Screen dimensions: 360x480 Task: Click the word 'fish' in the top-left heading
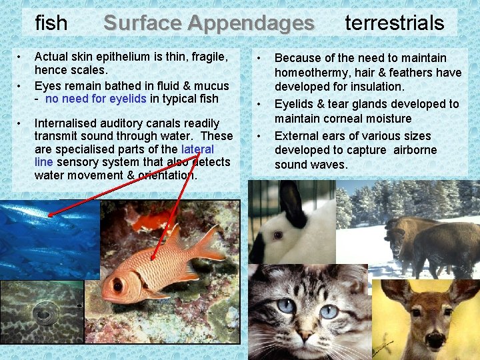51,23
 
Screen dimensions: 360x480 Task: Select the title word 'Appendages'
251,23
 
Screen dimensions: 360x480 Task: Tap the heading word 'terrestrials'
394,23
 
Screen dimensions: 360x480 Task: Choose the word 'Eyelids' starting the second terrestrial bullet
294,104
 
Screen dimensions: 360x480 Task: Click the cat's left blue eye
286,306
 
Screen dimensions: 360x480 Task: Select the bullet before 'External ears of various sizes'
261,136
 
